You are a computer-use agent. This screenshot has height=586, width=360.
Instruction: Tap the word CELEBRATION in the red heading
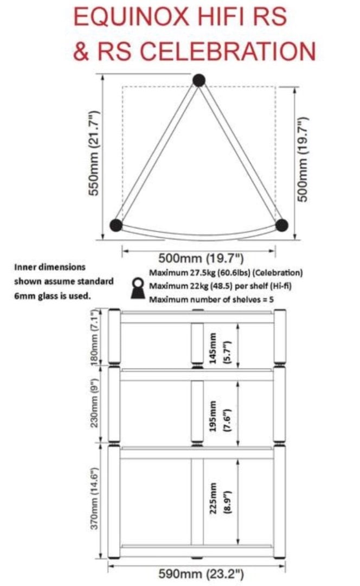pos(227,51)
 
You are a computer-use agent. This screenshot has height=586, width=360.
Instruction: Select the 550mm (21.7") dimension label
pos(93,153)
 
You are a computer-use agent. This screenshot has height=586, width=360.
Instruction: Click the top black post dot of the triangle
pos(199,80)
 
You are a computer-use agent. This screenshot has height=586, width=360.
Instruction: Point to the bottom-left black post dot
pos(116,225)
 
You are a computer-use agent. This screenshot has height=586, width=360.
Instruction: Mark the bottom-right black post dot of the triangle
pos(281,225)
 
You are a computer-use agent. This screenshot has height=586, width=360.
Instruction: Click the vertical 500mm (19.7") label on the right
pos(303,159)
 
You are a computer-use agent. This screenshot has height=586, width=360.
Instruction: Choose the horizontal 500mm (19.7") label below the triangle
pos(201,258)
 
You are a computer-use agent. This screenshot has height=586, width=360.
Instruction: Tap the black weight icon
pos(139,288)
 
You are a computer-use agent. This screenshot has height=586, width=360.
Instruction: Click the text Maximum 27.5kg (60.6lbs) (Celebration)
pos(226,272)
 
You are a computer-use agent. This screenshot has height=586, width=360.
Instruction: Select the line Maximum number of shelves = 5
pos(211,300)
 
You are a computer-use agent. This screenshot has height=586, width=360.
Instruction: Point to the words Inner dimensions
pos(50,267)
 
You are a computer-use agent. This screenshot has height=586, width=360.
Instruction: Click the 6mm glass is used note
pos(53,296)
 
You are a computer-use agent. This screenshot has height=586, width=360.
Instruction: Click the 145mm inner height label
pos(213,348)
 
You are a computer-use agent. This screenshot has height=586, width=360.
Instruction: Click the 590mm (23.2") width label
pos(201,574)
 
